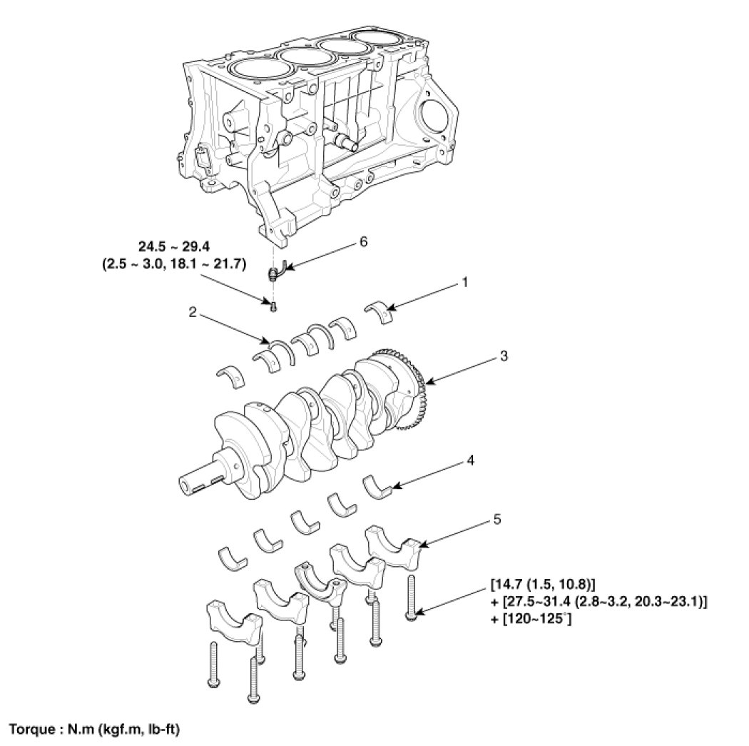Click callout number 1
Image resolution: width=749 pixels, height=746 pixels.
(x=464, y=283)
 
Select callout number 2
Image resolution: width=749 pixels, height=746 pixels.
(x=192, y=312)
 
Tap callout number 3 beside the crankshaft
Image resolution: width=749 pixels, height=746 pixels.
(x=504, y=356)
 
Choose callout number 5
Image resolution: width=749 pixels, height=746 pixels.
(x=496, y=519)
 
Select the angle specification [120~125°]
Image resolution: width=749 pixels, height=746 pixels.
(x=532, y=620)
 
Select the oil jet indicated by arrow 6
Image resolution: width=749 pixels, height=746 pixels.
(x=275, y=272)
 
